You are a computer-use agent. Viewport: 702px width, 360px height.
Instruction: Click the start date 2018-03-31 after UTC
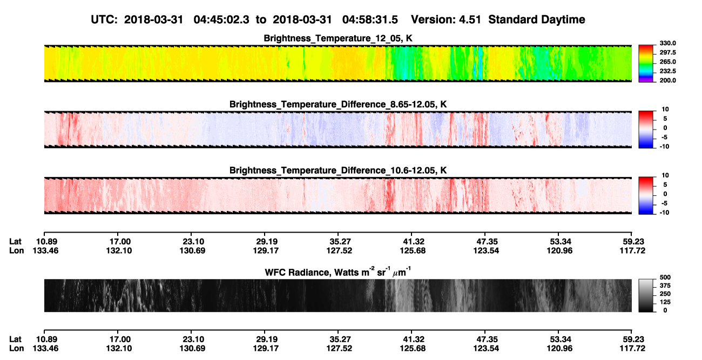[x=153, y=20]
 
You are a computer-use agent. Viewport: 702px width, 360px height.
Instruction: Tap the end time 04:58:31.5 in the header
[x=370, y=20]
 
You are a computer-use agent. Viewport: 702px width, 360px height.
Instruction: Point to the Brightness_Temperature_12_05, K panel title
[x=338, y=38]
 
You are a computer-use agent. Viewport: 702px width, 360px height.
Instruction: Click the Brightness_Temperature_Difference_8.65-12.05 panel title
[x=338, y=104]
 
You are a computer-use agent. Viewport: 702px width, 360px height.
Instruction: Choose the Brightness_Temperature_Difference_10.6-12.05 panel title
[x=338, y=171]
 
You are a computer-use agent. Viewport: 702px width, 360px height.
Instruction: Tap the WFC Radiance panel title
[x=338, y=271]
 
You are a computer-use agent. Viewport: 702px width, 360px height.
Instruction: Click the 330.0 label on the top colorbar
[x=667, y=43]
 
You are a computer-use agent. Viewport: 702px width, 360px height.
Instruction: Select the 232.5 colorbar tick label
[x=667, y=71]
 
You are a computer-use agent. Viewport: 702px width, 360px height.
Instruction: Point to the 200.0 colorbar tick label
[x=667, y=80]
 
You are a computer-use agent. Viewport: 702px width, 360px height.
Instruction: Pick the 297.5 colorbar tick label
[x=667, y=53]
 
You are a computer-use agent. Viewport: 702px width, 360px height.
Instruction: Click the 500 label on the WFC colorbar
[x=665, y=277]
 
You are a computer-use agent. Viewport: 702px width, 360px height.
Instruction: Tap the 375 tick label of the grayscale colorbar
[x=665, y=286]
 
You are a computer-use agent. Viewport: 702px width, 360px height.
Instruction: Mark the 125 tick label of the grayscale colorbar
[x=665, y=302]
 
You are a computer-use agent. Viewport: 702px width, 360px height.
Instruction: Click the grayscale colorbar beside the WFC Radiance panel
[x=646, y=295]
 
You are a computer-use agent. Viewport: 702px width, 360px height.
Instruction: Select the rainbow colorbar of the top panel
[x=646, y=64]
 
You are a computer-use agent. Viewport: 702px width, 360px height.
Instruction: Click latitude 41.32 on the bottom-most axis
[x=413, y=339]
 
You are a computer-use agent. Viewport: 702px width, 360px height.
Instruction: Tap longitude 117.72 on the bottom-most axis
[x=632, y=349]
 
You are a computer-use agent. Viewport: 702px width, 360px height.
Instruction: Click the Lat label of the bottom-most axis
[x=15, y=339]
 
